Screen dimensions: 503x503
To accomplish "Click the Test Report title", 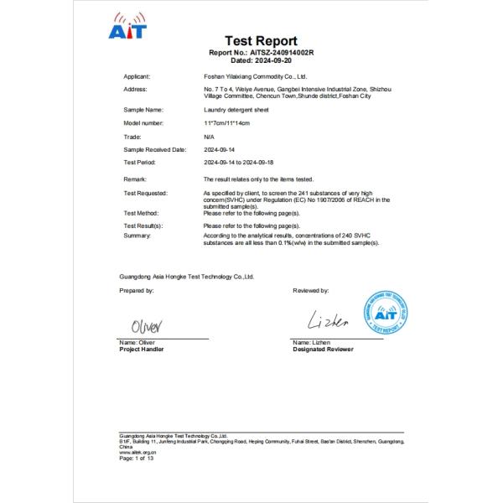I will pos(261,41).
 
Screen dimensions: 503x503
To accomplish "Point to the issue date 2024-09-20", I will pos(274,60).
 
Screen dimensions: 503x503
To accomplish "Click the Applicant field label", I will pos(137,75).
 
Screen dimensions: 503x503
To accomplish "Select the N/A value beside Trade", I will pos(209,136).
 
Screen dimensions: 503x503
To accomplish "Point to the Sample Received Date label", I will pos(153,149).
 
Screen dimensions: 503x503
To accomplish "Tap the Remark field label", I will pos(135,180).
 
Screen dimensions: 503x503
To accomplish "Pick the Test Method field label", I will pos(141,213).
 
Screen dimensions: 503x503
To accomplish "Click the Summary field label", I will pos(137,236).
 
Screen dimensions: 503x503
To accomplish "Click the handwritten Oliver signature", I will pos(148,324).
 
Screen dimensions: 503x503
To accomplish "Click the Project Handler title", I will pos(142,349).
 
